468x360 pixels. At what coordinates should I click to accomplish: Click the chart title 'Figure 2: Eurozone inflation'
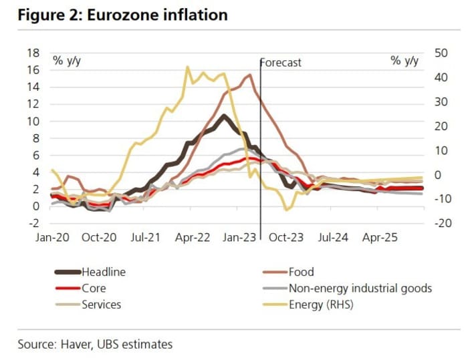[122, 15]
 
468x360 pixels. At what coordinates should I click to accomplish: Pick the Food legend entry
[301, 272]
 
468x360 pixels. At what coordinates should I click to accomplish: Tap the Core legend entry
[94, 289]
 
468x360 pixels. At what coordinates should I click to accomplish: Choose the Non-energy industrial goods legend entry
[360, 289]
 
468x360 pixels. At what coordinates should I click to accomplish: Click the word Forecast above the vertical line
[281, 63]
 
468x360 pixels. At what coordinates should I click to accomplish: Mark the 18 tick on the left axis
[33, 53]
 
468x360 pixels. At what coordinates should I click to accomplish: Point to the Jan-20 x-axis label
[51, 237]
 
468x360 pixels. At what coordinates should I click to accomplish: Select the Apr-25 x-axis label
[381, 237]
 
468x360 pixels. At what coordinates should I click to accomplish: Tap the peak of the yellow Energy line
[187, 67]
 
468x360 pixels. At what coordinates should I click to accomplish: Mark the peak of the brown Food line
[249, 75]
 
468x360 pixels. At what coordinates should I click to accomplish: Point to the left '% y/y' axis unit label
[67, 61]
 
